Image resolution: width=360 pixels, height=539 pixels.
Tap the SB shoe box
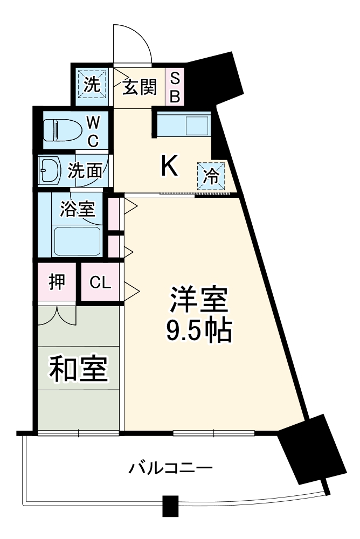175,87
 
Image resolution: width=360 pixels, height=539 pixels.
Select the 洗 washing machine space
92,85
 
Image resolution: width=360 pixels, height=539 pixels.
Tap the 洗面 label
85,171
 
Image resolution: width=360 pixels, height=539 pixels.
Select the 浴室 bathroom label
77,209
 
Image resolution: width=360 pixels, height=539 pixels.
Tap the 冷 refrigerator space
213,176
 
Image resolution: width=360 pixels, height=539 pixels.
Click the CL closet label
100,282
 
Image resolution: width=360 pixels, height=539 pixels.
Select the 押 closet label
57,282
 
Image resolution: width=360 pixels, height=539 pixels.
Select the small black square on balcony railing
170,506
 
